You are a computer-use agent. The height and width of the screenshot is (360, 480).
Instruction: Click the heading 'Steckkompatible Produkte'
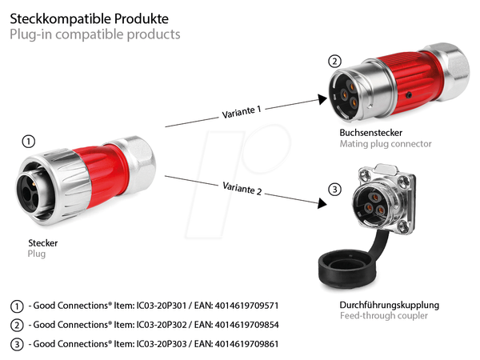coord(89,19)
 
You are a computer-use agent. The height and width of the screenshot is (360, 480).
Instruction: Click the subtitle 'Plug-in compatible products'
coord(95,34)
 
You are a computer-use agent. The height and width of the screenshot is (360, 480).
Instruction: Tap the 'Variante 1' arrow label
coord(242,112)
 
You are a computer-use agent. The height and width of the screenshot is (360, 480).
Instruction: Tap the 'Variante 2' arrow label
coord(242,188)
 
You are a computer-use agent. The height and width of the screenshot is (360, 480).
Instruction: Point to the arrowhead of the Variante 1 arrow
coord(322,99)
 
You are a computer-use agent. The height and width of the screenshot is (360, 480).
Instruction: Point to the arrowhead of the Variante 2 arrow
coord(322,203)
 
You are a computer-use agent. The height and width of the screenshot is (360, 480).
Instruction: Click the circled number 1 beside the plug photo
coord(29,142)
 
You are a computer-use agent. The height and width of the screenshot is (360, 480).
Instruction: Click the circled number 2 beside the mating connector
coord(334,62)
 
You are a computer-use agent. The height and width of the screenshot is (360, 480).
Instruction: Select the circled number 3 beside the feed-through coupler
coord(334,190)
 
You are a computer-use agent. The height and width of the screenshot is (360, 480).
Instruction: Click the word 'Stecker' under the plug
coord(43,243)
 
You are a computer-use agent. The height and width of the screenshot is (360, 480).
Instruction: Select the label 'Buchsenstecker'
coord(370,133)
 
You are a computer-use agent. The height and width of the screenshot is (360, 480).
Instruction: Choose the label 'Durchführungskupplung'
coord(389,305)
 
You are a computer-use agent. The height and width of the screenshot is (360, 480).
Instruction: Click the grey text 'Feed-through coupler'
coord(384,316)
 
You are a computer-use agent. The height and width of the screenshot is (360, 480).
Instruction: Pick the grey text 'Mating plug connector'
coord(386,144)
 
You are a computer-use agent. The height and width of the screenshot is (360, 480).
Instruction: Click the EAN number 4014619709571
coord(246,306)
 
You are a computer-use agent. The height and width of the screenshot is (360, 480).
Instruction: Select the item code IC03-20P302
coord(162,325)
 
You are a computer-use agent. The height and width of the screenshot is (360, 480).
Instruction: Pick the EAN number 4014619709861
coord(246,344)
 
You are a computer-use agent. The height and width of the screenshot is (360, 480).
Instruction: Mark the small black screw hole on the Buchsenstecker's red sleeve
coord(409,95)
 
